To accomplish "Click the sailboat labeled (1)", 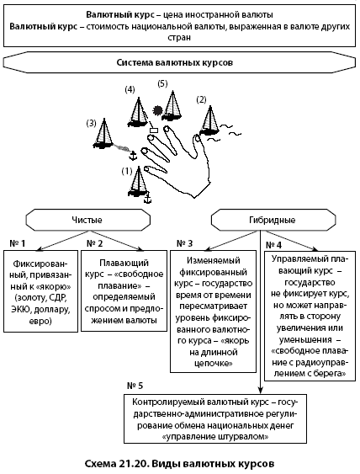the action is pyautogui.click(x=138, y=182).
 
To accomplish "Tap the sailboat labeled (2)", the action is pyautogui.click(x=209, y=120).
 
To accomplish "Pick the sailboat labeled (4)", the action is pyautogui.click(x=137, y=112).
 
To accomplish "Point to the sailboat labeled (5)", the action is pyautogui.click(x=172, y=105).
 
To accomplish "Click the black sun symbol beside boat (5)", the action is pyautogui.click(x=157, y=110).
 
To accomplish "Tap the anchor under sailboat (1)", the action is pyautogui.click(x=147, y=199).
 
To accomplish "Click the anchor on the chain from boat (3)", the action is pyautogui.click(x=133, y=156).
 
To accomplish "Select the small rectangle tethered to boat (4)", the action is pyautogui.click(x=154, y=130).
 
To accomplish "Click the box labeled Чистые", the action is pyautogui.click(x=87, y=220).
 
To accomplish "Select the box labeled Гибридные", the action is pyautogui.click(x=273, y=220).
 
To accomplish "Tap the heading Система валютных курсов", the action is pyautogui.click(x=175, y=62).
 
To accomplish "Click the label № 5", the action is pyautogui.click(x=135, y=386).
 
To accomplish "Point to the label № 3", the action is pyautogui.click(x=184, y=243).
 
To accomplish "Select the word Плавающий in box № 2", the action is pyautogui.click(x=124, y=263).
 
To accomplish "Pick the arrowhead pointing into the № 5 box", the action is pyautogui.click(x=261, y=391).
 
